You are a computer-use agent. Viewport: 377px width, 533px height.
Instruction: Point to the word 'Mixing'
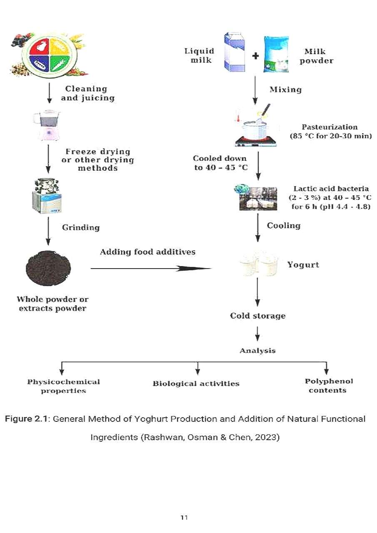[x=285, y=90]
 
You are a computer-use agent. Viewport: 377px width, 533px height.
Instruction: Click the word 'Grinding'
[x=81, y=227]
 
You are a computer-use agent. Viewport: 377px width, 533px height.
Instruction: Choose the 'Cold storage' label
[x=258, y=316]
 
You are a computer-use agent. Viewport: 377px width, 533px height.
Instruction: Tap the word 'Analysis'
[x=257, y=351]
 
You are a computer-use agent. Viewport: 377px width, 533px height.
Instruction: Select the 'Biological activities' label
[x=196, y=384]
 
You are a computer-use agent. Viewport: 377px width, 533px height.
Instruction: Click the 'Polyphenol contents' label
[x=328, y=386]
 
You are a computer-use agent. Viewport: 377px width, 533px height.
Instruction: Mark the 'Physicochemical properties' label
[x=63, y=386]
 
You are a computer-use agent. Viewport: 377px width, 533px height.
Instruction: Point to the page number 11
[x=184, y=518]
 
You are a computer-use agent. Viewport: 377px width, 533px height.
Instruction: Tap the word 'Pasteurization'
[x=330, y=127]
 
